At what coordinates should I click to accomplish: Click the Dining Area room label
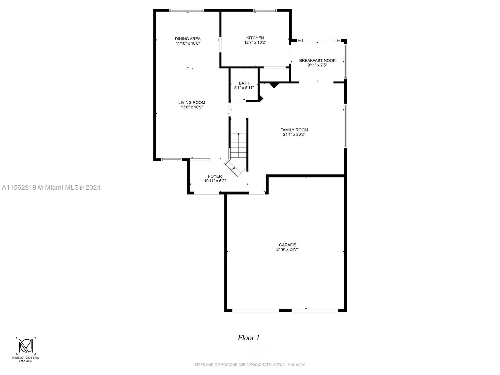[187, 39]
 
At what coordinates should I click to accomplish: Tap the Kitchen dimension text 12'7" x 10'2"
[255, 42]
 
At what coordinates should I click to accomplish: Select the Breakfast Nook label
[317, 61]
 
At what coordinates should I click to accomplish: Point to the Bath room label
[244, 83]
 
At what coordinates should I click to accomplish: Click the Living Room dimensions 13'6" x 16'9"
[192, 107]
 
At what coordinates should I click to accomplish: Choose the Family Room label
[294, 130]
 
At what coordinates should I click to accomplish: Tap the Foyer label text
[215, 176]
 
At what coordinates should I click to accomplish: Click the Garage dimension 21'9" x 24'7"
[287, 250]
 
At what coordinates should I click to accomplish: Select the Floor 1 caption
[248, 338]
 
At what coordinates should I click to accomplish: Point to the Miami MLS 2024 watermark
[51, 187]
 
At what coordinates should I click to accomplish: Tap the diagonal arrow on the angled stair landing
[233, 169]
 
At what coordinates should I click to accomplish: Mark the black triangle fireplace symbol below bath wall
[274, 85]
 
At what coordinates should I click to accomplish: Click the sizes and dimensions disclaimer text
[250, 365]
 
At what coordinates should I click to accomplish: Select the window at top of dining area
[187, 10]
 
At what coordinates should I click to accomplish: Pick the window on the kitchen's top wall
[265, 10]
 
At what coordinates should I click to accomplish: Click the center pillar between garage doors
[285, 310]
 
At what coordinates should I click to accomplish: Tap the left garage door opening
[255, 310]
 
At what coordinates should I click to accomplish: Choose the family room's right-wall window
[345, 126]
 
